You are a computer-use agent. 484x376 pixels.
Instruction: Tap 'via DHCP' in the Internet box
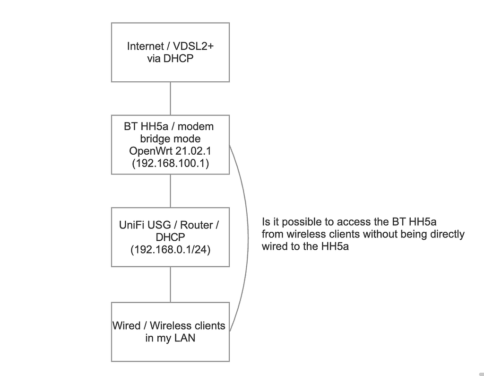click(x=170, y=60)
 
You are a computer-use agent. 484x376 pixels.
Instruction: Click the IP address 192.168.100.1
click(x=170, y=164)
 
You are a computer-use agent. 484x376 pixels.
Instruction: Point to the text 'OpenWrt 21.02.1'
click(x=170, y=152)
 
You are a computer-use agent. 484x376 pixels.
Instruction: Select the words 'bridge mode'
click(x=170, y=139)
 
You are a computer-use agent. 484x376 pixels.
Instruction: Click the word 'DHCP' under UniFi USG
click(x=170, y=237)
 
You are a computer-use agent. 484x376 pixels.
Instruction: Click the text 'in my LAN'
click(x=170, y=339)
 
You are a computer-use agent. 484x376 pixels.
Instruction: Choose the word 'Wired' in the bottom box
click(x=126, y=326)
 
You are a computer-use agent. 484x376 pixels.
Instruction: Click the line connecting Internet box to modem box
click(x=170, y=98)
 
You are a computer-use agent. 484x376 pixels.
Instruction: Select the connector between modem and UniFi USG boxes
click(x=170, y=191)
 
